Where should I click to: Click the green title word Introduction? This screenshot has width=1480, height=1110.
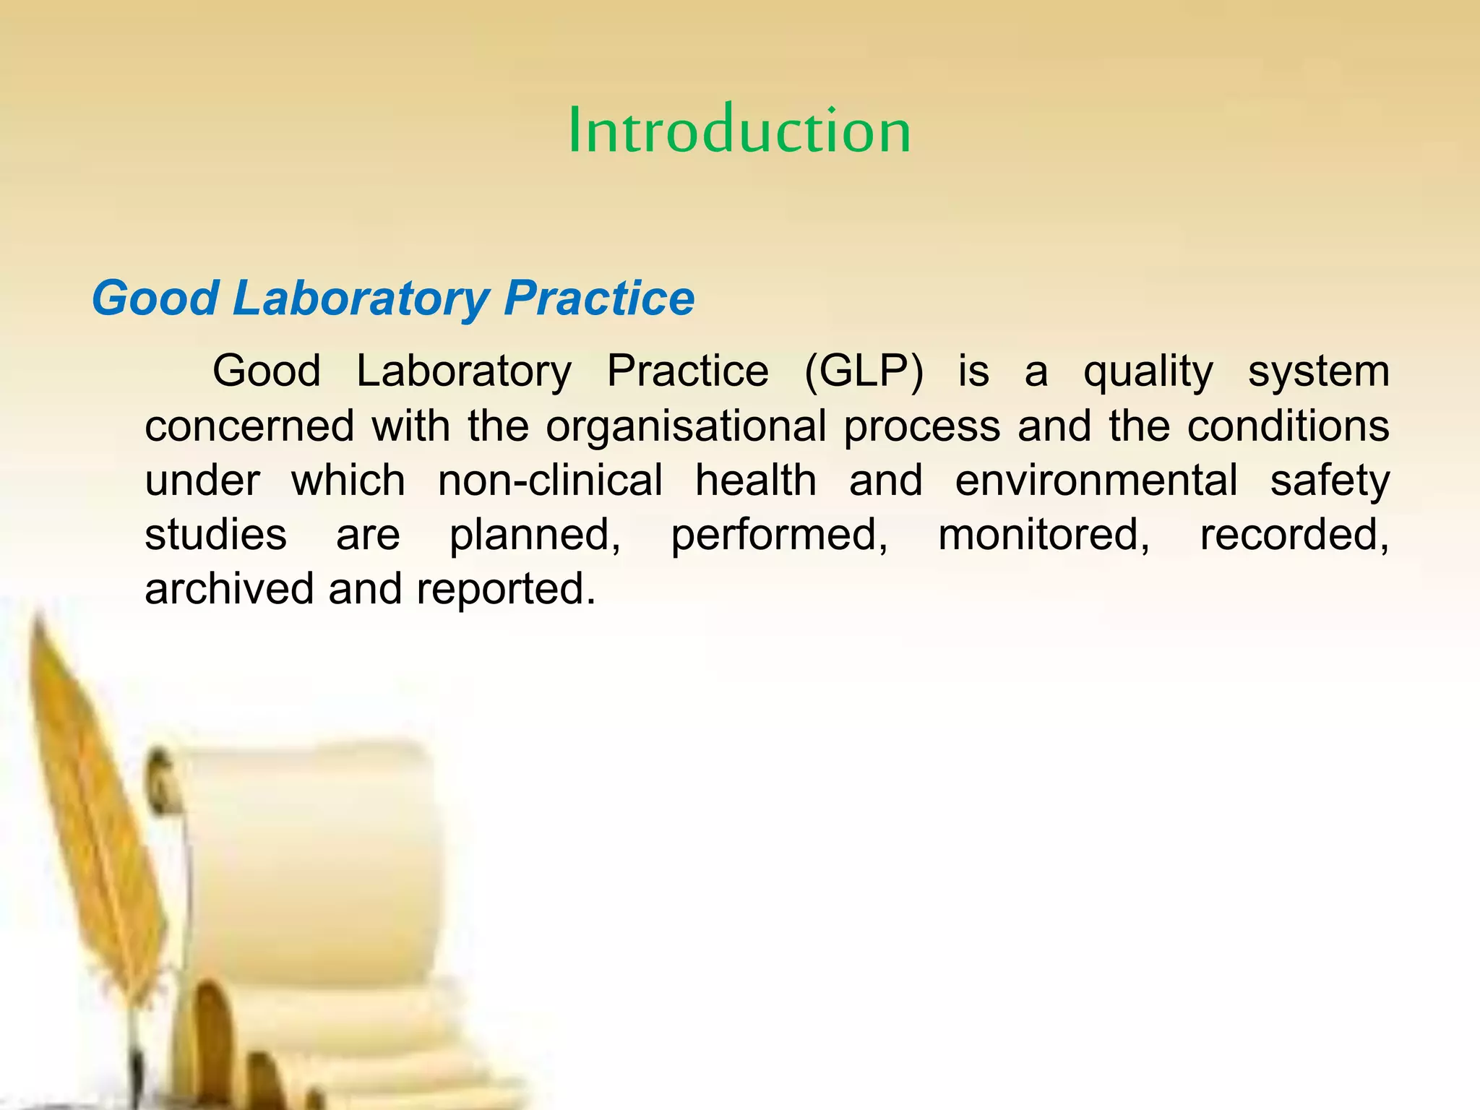[x=739, y=130]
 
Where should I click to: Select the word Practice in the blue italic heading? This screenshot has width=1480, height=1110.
[x=598, y=298]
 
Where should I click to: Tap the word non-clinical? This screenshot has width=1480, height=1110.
[x=550, y=481]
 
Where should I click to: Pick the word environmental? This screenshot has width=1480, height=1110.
[x=1096, y=481]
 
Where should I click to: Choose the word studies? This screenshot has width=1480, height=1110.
[x=215, y=535]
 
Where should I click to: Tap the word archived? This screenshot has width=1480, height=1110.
[x=228, y=589]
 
